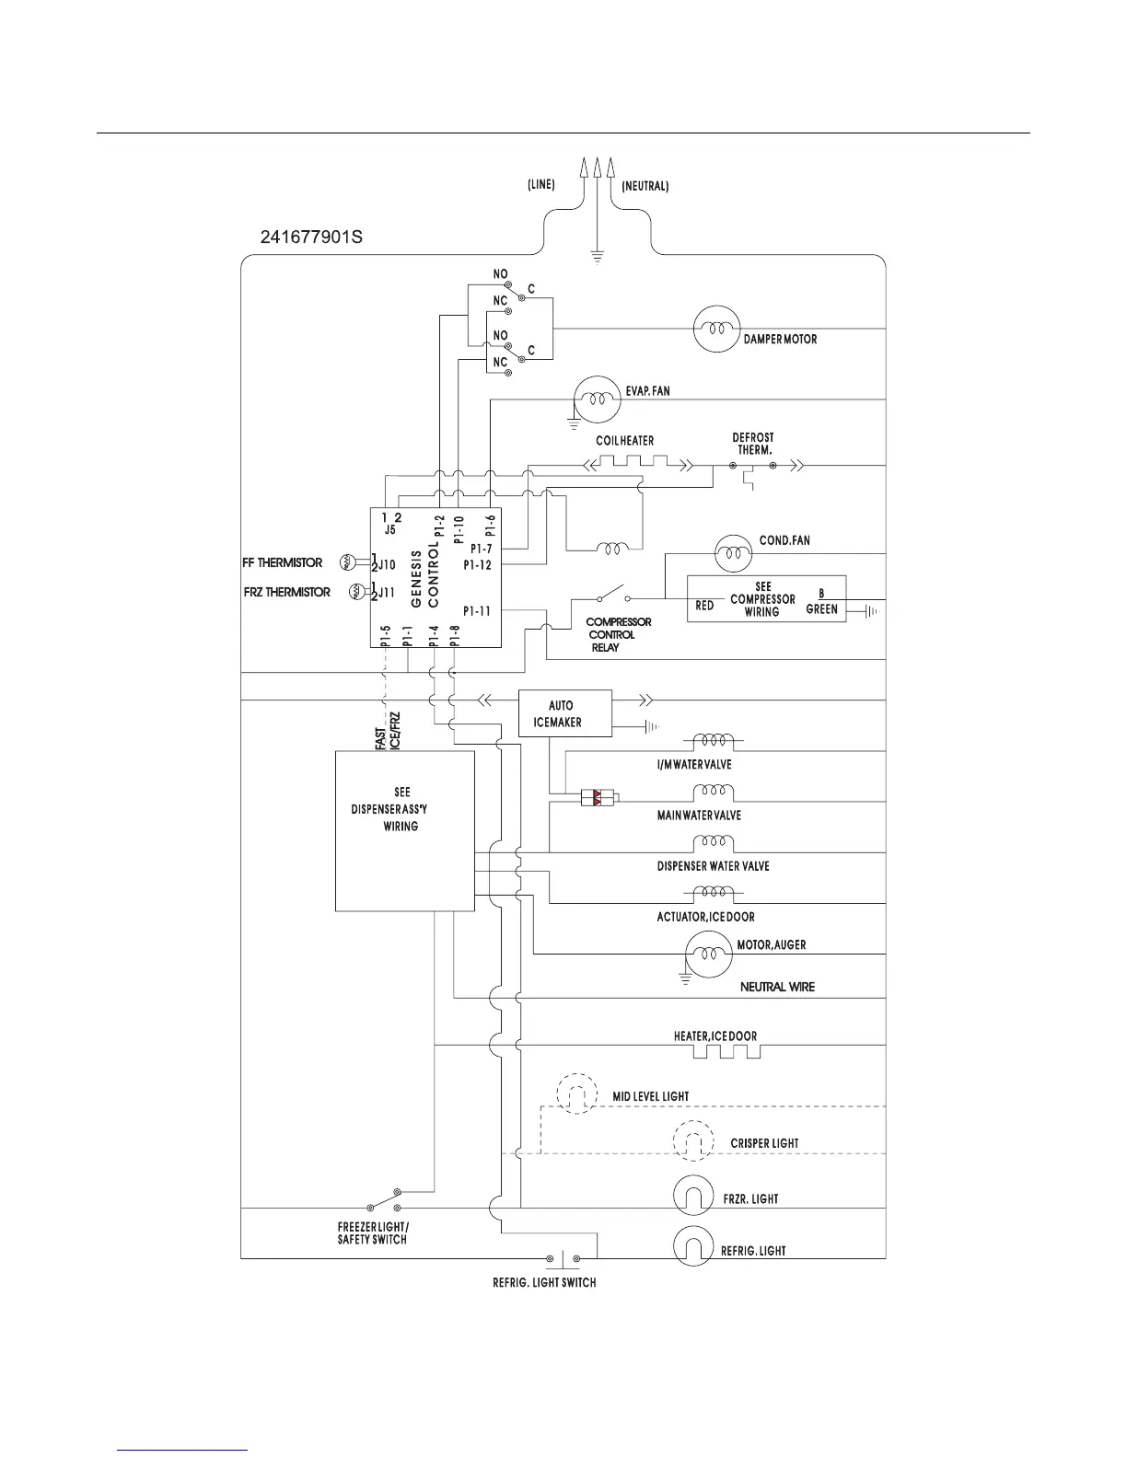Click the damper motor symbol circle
[716, 328]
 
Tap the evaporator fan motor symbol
[598, 400]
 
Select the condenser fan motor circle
[733, 553]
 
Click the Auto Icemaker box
[565, 713]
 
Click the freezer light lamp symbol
[694, 1198]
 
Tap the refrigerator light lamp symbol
[694, 1249]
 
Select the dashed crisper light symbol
[694, 1142]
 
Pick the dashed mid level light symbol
[577, 1094]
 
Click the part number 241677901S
[311, 237]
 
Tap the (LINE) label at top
[540, 184]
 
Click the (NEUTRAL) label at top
[645, 186]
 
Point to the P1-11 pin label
[477, 610]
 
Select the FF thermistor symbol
[349, 561]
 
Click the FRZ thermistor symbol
[356, 592]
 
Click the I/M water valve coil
[713, 740]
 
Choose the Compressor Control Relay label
[619, 634]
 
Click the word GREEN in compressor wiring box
[821, 608]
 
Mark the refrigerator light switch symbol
[562, 1258]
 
